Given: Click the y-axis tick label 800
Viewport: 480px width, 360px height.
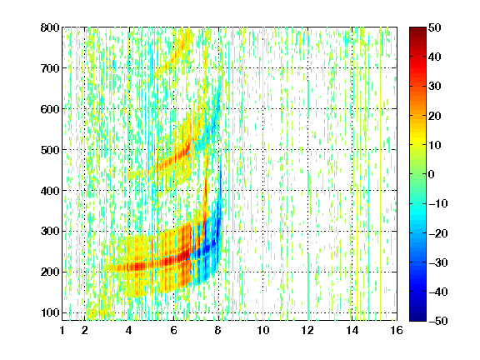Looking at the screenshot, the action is [x=50, y=27].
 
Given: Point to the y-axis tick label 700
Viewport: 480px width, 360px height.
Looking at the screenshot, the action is [x=50, y=68].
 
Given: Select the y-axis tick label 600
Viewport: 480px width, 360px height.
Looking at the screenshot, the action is [x=50, y=109].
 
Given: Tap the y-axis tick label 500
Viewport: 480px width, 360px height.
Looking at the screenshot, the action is [x=50, y=150].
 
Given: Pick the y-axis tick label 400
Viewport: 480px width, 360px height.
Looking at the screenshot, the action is [x=50, y=191].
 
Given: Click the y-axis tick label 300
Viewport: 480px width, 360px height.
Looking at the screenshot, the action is [x=50, y=231].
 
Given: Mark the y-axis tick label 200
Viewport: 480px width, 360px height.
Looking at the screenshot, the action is [x=50, y=272].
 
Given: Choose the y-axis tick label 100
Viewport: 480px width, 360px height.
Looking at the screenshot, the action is [x=50, y=312].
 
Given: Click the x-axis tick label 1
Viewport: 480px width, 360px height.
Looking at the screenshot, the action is [x=62, y=330].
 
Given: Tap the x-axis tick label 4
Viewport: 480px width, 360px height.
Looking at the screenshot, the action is [x=129, y=330].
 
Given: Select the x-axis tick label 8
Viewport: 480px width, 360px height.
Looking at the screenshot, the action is [x=218, y=330].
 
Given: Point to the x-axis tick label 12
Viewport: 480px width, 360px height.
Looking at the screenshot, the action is [x=307, y=330].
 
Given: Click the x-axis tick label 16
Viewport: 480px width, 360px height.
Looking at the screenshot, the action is [x=397, y=330].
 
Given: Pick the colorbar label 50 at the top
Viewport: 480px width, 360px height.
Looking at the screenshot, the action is [x=435, y=27].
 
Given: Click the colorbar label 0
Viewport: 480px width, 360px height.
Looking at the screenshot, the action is [x=432, y=174].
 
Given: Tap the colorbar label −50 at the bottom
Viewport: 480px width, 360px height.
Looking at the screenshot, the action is [x=438, y=321].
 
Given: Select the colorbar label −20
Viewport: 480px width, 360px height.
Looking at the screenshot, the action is [x=438, y=233].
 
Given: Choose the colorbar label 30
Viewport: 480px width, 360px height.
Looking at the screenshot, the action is [x=435, y=87].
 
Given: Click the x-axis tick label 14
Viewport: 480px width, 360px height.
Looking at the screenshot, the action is [x=352, y=330].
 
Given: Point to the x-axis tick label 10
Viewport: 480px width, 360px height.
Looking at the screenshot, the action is [x=263, y=330].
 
